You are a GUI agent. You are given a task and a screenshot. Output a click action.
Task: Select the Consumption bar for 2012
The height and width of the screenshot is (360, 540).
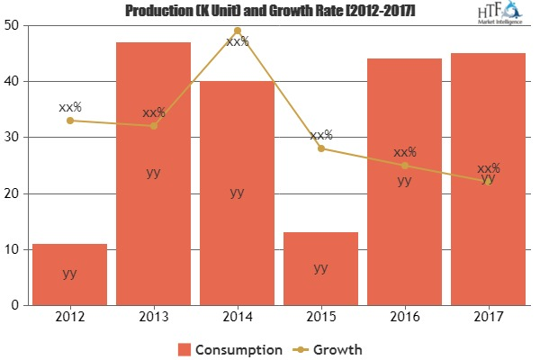(x=69, y=274)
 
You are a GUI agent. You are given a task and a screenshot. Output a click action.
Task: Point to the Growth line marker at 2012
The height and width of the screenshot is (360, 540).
(x=69, y=120)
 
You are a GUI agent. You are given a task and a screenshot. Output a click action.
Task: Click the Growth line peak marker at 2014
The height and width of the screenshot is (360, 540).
(x=237, y=31)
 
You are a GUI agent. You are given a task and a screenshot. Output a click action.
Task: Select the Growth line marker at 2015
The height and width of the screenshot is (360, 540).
(x=320, y=148)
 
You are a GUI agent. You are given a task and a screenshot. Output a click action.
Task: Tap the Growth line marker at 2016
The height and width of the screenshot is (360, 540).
(x=404, y=165)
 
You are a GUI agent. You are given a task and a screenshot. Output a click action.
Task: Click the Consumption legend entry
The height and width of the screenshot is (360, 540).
(x=229, y=347)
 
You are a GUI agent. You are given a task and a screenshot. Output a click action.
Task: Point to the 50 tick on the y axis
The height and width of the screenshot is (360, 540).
(x=15, y=25)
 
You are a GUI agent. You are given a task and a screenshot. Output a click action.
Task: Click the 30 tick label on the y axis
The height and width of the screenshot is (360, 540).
(x=15, y=137)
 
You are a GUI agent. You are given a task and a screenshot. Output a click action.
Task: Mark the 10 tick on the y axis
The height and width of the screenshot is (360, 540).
(x=15, y=249)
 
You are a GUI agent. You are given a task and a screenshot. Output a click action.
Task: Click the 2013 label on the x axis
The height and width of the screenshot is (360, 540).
(x=153, y=318)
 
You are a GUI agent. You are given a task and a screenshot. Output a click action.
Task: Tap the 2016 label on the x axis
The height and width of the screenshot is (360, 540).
(x=404, y=318)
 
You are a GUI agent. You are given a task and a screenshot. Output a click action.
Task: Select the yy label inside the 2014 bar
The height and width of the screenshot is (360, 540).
(x=237, y=192)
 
